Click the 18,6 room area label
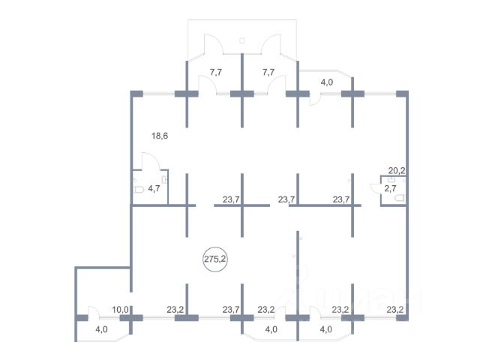[160, 135]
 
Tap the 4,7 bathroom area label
[154, 188]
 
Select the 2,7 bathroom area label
[390, 188]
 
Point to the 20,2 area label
[397, 170]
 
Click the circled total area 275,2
[215, 259]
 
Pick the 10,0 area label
[120, 310]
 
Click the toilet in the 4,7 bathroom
[139, 190]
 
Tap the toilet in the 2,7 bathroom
[399, 198]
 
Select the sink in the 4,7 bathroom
[164, 180]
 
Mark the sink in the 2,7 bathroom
[391, 180]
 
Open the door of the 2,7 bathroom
[375, 187]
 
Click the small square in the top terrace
[242, 40]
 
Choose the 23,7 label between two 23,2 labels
[231, 310]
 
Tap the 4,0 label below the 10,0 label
[101, 329]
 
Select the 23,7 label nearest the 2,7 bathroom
[341, 199]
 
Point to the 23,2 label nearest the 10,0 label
[175, 310]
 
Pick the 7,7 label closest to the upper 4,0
[268, 72]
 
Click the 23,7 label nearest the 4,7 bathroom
[231, 199]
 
